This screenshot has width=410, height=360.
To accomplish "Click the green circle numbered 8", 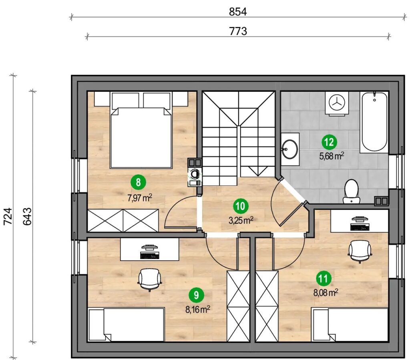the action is click(x=138, y=182).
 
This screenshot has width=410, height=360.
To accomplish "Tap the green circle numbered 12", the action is click(x=329, y=142).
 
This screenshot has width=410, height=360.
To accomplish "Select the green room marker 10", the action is click(x=241, y=206).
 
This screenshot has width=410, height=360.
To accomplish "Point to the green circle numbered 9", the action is click(x=196, y=296).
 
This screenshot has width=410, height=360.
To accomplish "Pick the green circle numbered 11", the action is click(x=324, y=279).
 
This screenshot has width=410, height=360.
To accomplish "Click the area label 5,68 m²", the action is click(x=331, y=156).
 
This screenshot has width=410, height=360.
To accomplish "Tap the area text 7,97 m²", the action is click(x=140, y=198).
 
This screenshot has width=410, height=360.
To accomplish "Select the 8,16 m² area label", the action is click(x=198, y=310).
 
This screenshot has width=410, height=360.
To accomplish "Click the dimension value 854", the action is click(x=238, y=12).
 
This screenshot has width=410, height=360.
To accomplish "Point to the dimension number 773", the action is click(x=238, y=31).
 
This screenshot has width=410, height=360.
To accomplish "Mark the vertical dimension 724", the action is click(x=8, y=216).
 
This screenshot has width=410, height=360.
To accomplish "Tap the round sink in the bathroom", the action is click(x=290, y=149).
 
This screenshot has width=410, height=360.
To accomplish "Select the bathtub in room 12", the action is click(x=374, y=122).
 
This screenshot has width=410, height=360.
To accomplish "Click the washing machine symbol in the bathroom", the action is click(x=336, y=103).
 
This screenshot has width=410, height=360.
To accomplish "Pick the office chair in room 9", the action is click(x=150, y=280).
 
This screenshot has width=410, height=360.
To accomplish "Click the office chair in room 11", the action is click(x=360, y=251).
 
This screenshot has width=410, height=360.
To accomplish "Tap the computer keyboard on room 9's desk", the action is click(x=150, y=255).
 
